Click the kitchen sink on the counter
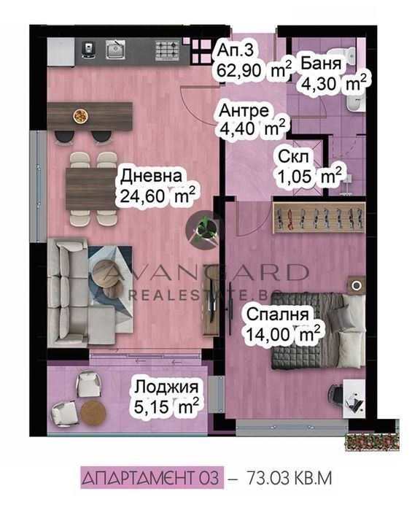click(115, 50)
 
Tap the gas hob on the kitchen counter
click(167, 50)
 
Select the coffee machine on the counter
click(88, 50)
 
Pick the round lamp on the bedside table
click(357, 285)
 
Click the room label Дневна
click(151, 177)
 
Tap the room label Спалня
click(277, 314)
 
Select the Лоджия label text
click(166, 387)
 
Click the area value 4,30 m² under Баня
click(334, 84)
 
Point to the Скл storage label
click(293, 158)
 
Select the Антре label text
click(244, 111)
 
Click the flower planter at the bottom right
click(372, 441)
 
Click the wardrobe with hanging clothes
click(319, 217)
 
